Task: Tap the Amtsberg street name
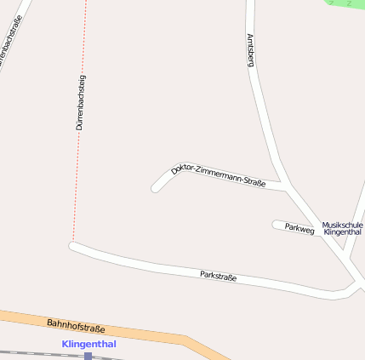(x=250, y=49)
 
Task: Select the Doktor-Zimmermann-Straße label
(x=219, y=175)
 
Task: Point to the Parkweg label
(x=299, y=228)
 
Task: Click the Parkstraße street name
(x=218, y=276)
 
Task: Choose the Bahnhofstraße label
(x=76, y=325)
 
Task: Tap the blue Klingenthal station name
(x=88, y=344)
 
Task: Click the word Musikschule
(x=342, y=225)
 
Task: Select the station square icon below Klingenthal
(x=88, y=356)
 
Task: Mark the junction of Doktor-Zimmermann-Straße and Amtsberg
(x=284, y=187)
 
